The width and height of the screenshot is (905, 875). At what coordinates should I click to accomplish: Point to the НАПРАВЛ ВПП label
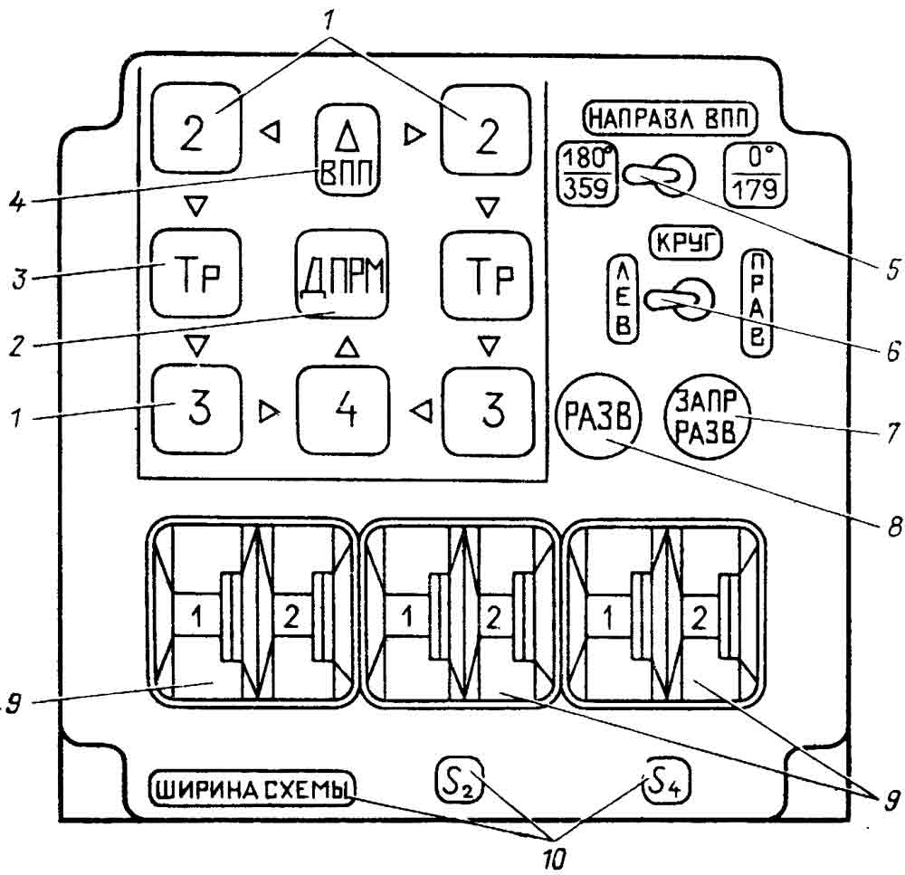(671, 118)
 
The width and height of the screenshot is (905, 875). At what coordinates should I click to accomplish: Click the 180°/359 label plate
(586, 173)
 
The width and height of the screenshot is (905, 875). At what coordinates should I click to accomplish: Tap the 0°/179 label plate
(754, 173)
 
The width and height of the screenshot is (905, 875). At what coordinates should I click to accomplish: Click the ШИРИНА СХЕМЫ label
(251, 789)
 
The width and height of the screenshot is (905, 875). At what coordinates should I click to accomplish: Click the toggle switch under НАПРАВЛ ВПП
(664, 172)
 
